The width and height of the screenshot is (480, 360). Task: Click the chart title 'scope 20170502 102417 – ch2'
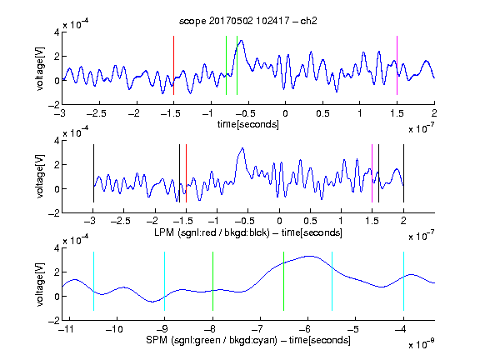click(x=248, y=21)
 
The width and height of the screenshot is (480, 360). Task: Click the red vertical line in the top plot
click(x=173, y=66)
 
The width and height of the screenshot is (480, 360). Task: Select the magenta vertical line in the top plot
click(x=397, y=66)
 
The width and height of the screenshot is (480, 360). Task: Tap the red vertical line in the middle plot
click(x=186, y=173)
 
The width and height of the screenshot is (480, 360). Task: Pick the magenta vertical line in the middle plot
click(x=372, y=173)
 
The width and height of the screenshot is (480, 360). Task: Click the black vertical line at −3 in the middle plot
click(x=93, y=173)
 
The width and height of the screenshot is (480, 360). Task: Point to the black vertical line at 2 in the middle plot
click(x=403, y=173)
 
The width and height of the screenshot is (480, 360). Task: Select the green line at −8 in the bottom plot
click(x=212, y=281)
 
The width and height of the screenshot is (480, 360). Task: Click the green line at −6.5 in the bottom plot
click(x=284, y=281)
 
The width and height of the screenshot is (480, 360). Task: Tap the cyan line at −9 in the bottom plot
click(x=164, y=281)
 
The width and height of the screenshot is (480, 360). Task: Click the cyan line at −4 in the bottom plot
click(x=403, y=281)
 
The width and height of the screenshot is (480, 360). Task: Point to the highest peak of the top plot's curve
click(x=242, y=40)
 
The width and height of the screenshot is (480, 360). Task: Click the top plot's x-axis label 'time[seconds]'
click(x=248, y=124)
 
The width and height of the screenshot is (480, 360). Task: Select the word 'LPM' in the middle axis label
click(x=164, y=232)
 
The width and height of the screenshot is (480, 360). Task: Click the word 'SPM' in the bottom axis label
click(x=157, y=340)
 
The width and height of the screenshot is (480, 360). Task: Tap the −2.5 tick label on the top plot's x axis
click(x=97, y=113)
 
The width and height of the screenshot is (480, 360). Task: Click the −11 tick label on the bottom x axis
click(x=65, y=329)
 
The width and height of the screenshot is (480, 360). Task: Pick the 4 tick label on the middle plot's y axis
click(x=57, y=141)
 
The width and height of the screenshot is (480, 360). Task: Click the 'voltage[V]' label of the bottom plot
click(x=40, y=284)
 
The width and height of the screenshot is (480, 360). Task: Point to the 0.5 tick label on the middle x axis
click(x=310, y=221)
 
